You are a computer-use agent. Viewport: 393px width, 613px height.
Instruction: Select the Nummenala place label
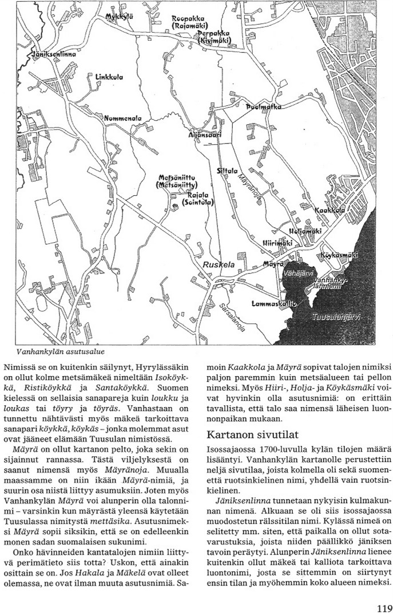(x=122, y=117)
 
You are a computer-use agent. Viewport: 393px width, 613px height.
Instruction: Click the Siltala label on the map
(x=227, y=171)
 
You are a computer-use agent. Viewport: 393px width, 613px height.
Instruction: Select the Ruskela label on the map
(x=217, y=264)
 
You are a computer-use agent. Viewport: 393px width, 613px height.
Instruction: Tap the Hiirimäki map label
(x=277, y=243)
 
